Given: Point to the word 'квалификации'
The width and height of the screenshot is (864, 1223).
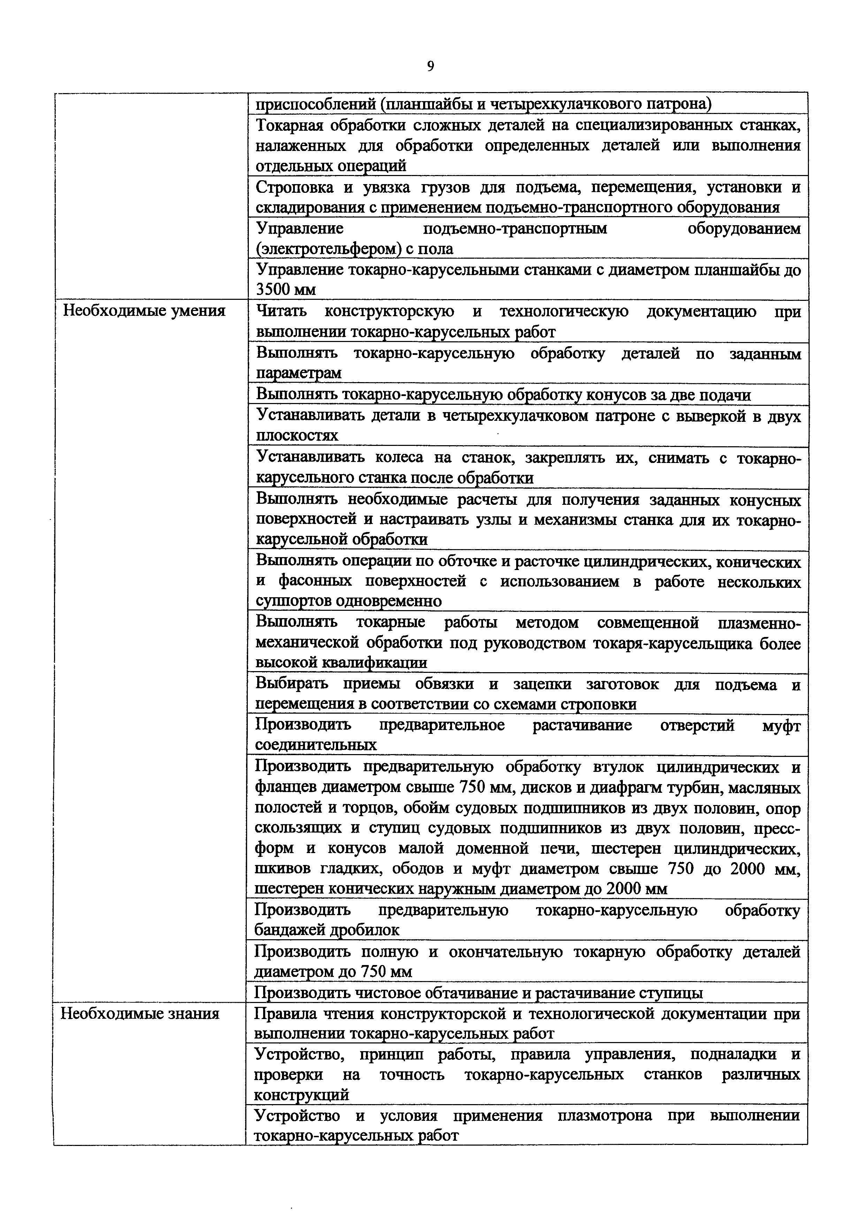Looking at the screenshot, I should point(375,663).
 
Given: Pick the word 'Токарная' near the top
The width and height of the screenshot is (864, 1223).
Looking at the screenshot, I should point(290,126).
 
